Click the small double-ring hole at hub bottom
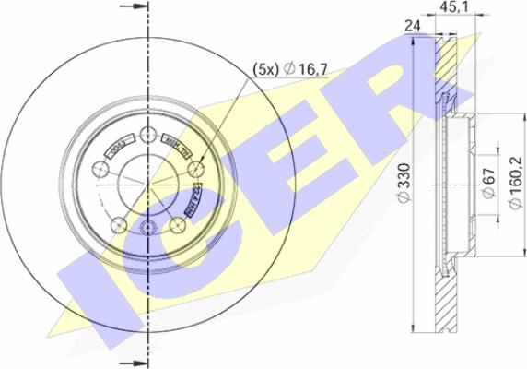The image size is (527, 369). (x=147, y=229)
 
